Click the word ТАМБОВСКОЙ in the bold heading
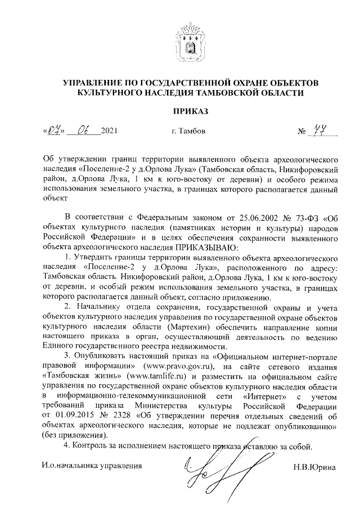[233, 93]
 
